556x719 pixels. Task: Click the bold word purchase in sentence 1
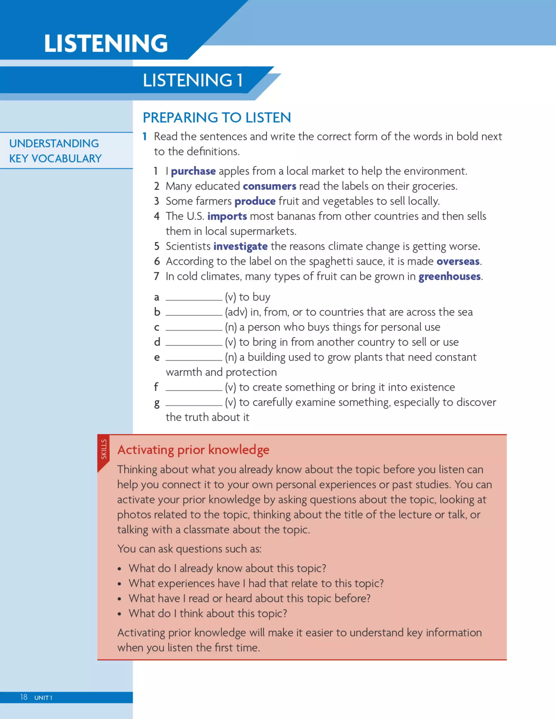coord(193,171)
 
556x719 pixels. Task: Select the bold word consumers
coord(269,186)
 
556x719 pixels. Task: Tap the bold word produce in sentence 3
coord(255,201)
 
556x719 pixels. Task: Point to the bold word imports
coord(227,216)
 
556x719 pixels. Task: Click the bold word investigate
coord(241,246)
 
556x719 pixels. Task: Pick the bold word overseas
coord(458,261)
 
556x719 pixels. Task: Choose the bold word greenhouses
coord(449,276)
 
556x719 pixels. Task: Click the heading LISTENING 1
coord(193,80)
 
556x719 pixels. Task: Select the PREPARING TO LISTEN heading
coord(217,117)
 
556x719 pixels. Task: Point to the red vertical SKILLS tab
coord(103,450)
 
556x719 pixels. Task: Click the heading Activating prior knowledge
coord(193,450)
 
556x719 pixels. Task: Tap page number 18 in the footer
coord(24,697)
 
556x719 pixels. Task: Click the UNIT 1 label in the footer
coord(43,698)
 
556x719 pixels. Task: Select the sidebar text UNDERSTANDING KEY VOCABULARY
coord(55,151)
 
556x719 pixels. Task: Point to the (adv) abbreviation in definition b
coord(236,312)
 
